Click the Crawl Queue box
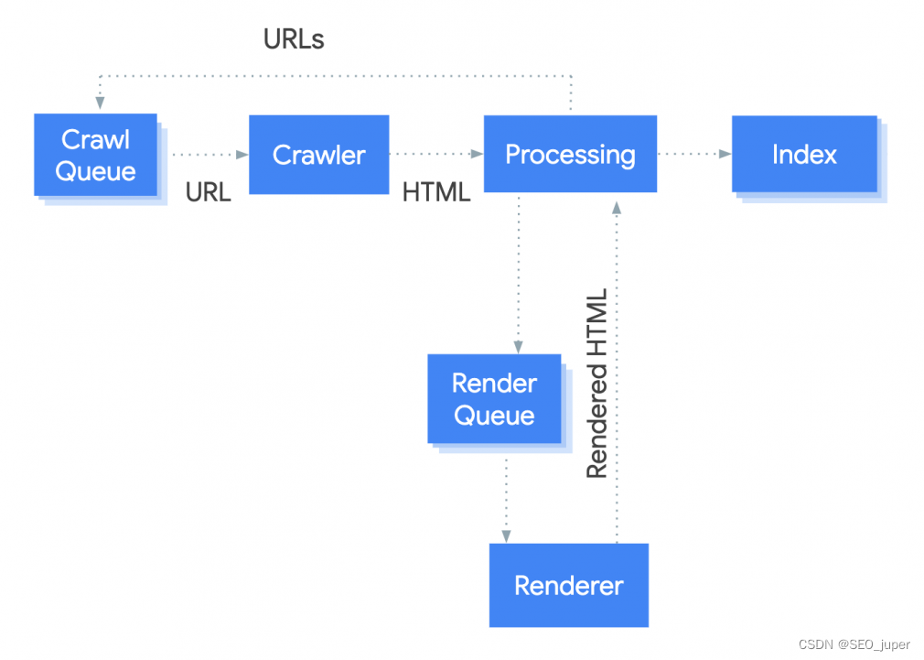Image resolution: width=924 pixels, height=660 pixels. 95,155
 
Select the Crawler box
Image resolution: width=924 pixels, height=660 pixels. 318,155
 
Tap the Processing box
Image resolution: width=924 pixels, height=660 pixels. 570,154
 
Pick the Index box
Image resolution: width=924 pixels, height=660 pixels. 804,154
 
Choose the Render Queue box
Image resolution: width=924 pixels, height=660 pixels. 494,399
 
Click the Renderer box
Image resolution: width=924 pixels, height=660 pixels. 569,585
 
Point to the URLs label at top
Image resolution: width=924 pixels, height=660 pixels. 294,39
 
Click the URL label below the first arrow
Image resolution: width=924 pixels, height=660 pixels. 209,192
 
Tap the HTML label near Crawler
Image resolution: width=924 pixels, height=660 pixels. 436,192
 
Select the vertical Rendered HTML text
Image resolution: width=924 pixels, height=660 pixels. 596,384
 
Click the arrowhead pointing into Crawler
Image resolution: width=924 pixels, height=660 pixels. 243,155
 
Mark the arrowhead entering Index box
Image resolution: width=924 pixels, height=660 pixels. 726,155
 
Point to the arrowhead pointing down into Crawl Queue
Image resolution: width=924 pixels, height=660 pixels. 96,107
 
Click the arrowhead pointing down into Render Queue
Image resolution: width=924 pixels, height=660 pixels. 519,348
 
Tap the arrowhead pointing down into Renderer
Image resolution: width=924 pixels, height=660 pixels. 504,536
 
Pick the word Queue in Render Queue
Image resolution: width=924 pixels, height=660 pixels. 494,416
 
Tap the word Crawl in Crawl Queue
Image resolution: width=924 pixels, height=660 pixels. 95,139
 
